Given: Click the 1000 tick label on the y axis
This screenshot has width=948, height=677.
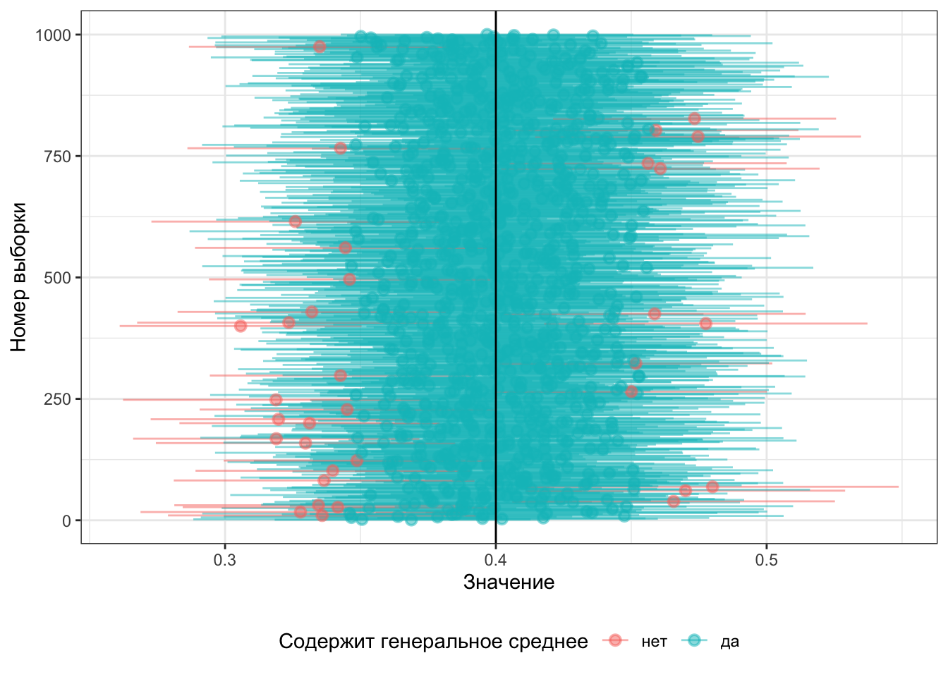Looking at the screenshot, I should click(53, 35).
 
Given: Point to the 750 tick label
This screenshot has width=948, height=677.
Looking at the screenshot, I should click(58, 157).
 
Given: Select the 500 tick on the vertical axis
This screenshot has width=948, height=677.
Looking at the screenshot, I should click(58, 278).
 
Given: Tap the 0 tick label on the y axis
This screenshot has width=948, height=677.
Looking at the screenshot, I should click(67, 521).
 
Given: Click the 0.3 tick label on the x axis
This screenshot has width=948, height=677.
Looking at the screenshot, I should click(225, 560).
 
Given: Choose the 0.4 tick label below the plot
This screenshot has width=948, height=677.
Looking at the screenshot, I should click(496, 560).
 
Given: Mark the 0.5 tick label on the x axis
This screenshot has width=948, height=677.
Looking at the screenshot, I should click(767, 560).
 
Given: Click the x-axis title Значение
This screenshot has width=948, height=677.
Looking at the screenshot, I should click(509, 582).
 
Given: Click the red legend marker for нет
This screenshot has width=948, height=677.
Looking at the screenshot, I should click(615, 640).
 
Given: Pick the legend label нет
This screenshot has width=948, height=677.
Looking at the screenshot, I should click(654, 642).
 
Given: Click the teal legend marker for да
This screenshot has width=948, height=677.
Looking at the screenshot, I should click(694, 640).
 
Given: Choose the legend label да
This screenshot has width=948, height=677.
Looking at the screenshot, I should click(729, 642).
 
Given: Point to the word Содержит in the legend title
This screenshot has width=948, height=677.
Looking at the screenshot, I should click(325, 642).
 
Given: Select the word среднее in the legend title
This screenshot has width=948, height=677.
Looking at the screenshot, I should click(555, 642).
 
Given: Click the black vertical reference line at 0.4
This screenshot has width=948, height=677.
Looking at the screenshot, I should click(496, 212).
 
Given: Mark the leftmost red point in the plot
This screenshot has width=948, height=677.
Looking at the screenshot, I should click(241, 326).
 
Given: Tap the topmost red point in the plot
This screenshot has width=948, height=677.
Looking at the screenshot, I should click(320, 47).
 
